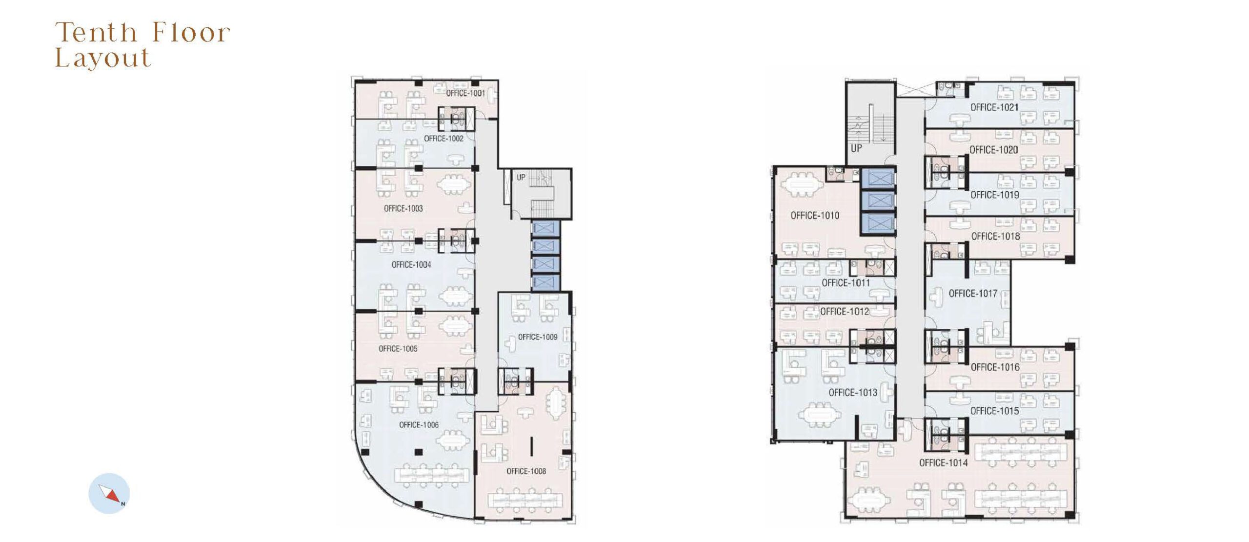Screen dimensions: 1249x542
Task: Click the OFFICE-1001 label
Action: [x=465, y=93]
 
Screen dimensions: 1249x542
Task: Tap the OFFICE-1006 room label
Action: [x=419, y=425]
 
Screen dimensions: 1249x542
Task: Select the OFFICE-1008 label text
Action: [x=526, y=471]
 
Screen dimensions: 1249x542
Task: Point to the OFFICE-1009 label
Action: [x=538, y=337]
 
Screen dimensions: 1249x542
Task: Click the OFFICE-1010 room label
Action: [x=815, y=216]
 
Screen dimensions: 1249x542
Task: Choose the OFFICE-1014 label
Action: [x=944, y=462]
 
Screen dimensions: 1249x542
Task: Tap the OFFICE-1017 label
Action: [x=973, y=293]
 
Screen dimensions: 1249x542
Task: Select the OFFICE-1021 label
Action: [x=994, y=107]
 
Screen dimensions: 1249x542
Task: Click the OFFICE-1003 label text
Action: [x=403, y=208]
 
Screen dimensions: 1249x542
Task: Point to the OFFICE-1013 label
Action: [x=853, y=392]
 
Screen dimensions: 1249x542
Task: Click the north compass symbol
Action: [x=109, y=493]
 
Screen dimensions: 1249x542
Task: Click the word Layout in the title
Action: [x=102, y=58]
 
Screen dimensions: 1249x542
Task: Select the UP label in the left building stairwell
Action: [x=521, y=178]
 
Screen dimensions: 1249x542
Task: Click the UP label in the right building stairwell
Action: [x=856, y=148]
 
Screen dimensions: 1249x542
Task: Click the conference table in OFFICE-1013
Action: [x=820, y=415]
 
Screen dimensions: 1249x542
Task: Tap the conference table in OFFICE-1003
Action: [x=454, y=185]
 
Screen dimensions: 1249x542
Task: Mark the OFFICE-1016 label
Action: [x=995, y=367]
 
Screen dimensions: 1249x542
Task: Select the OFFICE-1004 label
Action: [x=411, y=265]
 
